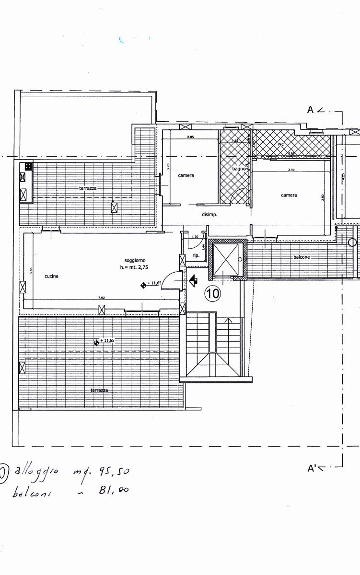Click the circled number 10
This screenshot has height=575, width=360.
(213, 293)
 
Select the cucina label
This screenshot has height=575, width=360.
(52, 276)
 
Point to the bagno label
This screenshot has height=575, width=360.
(239, 169)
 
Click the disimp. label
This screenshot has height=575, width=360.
(209, 215)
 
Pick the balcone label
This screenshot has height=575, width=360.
(302, 257)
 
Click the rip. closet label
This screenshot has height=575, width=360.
(196, 255)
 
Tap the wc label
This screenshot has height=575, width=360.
(281, 144)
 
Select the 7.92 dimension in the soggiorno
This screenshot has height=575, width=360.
(101, 298)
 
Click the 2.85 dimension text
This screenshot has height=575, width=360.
(190, 138)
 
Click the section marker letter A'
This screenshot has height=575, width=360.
(313, 468)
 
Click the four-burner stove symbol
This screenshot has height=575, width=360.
(28, 167)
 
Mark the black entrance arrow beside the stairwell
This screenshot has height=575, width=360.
(194, 281)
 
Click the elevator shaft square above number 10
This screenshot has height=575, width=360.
(225, 260)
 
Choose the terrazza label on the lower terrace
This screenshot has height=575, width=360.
(99, 391)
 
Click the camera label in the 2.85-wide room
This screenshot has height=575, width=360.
(186, 175)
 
